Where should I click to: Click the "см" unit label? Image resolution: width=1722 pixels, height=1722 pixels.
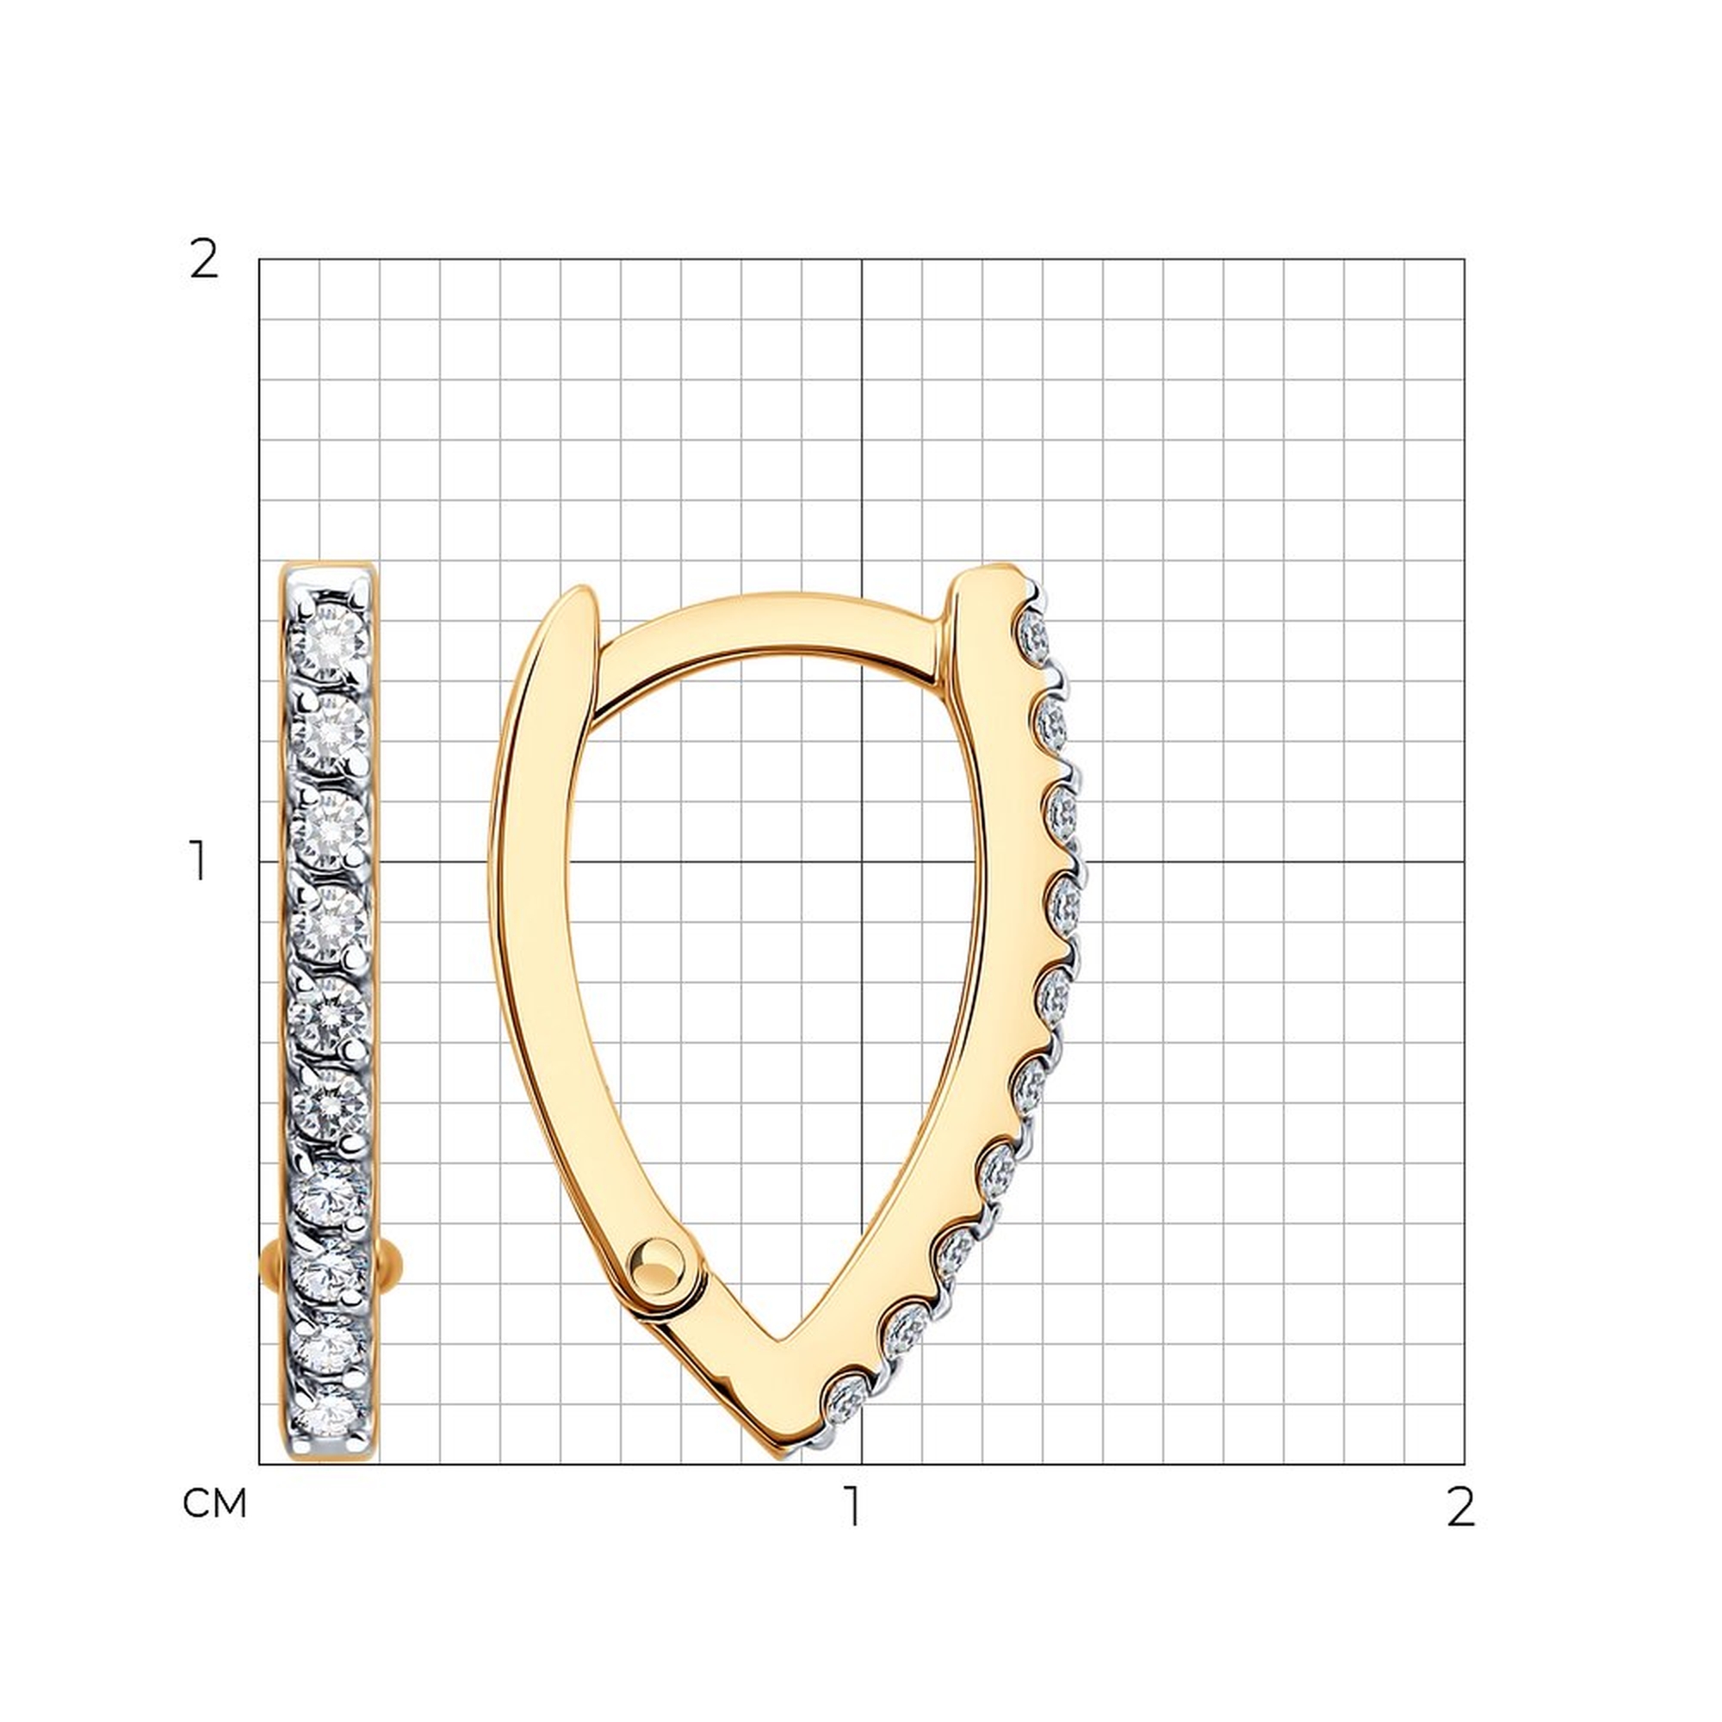click(214, 1503)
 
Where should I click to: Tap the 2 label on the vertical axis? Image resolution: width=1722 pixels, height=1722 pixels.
click(204, 260)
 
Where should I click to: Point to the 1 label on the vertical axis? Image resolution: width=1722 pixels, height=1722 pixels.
click(199, 861)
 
